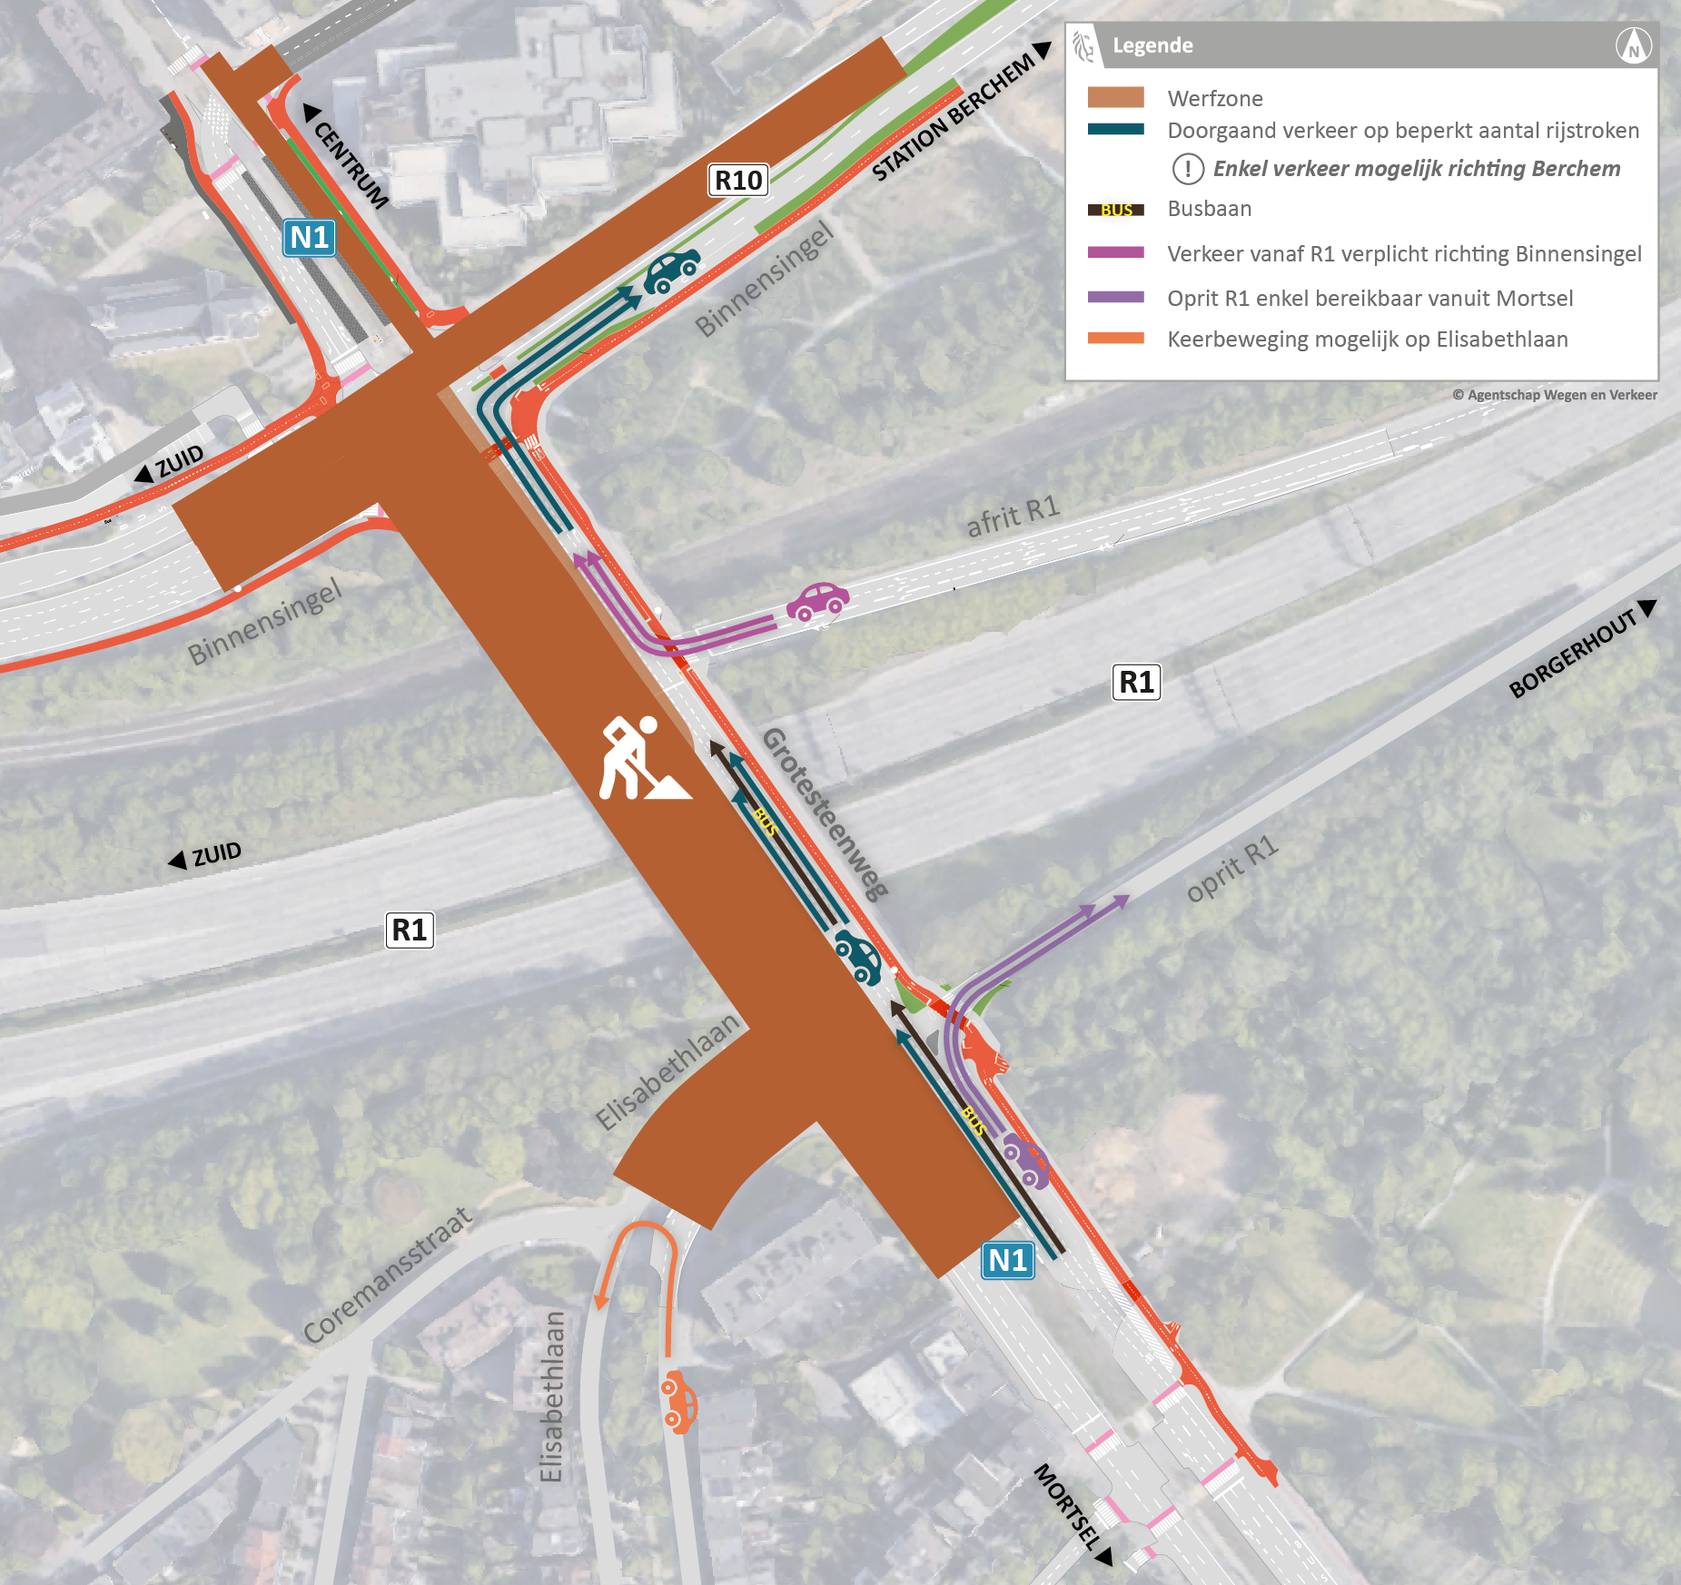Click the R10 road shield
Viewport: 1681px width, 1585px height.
coord(737,181)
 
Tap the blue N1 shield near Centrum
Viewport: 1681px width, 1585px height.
coord(309,238)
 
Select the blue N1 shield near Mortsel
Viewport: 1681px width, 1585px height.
coord(1007,1260)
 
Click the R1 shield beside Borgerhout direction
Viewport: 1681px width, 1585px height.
coord(1136,682)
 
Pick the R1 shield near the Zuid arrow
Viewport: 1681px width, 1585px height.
coord(410,930)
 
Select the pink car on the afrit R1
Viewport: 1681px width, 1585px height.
coord(818,601)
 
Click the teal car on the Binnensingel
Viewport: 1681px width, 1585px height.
coord(672,270)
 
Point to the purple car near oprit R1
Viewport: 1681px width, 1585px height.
coord(1027,1160)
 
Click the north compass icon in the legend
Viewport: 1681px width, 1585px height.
coord(1633,45)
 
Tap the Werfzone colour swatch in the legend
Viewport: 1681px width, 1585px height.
coord(1115,98)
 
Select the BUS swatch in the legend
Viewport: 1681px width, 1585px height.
coord(1115,210)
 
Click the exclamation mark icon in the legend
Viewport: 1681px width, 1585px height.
coord(1188,169)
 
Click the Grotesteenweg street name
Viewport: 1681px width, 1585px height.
coord(825,813)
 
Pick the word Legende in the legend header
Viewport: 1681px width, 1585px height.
coord(1152,45)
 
